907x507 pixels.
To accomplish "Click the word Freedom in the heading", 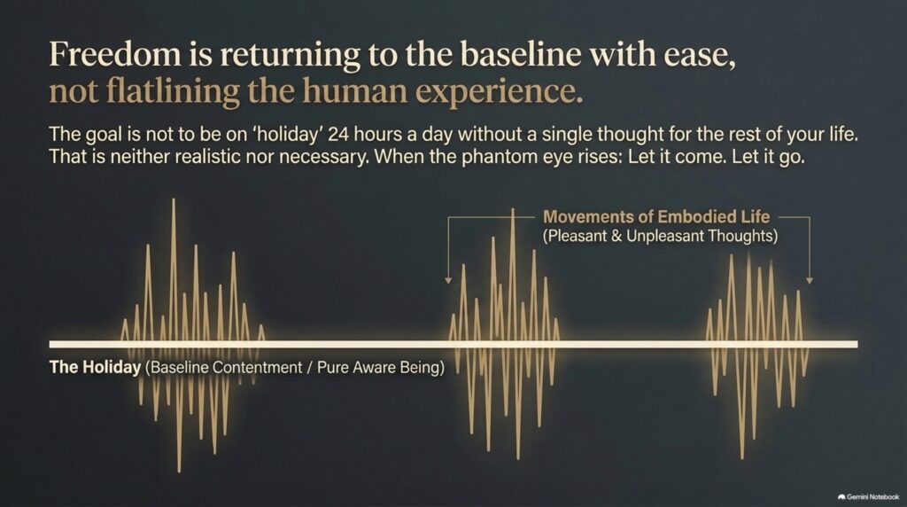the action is point(115,54).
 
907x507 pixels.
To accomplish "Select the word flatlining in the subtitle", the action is point(177,91).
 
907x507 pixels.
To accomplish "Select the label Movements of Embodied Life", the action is point(656,217).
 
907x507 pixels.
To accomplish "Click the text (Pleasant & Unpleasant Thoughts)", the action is point(660,236).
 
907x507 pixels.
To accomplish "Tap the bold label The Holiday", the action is point(95,367).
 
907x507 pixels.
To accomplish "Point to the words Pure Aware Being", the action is point(381,367).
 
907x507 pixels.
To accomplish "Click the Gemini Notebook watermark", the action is point(868,496).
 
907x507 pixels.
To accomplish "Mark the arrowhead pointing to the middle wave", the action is point(448,281).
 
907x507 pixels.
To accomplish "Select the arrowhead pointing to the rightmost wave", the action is point(810,281).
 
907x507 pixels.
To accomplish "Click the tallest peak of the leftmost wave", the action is point(173,200).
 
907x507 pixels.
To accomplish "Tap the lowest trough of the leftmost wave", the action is point(179,470).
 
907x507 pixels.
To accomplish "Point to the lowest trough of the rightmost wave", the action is point(742,456).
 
